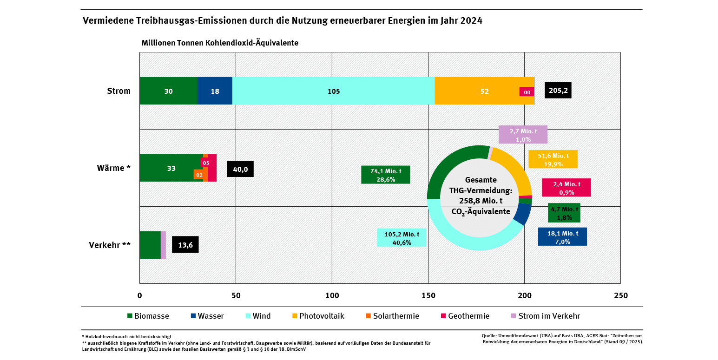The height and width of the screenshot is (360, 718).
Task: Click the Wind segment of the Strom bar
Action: tap(333, 91)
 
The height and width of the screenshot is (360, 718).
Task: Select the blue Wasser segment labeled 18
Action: tap(215, 91)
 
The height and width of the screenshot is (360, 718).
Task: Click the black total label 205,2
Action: tap(558, 91)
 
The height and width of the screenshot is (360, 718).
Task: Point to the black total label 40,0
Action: tap(240, 169)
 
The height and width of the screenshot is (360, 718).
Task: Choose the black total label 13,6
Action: tap(185, 245)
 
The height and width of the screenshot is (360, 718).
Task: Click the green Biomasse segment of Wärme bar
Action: tap(171, 168)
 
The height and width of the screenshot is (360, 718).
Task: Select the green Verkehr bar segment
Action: tap(150, 245)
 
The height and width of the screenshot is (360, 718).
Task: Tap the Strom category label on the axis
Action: tap(119, 91)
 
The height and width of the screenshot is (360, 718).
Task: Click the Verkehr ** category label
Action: tap(110, 245)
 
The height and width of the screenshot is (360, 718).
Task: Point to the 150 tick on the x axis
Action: tap(428, 296)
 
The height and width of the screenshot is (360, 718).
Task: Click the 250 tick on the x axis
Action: tap(620, 296)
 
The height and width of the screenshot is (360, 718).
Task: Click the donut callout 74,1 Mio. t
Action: tap(385, 175)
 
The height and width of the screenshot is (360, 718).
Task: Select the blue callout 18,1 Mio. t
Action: tap(562, 237)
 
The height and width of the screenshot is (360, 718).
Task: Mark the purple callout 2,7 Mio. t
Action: tap(523, 135)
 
